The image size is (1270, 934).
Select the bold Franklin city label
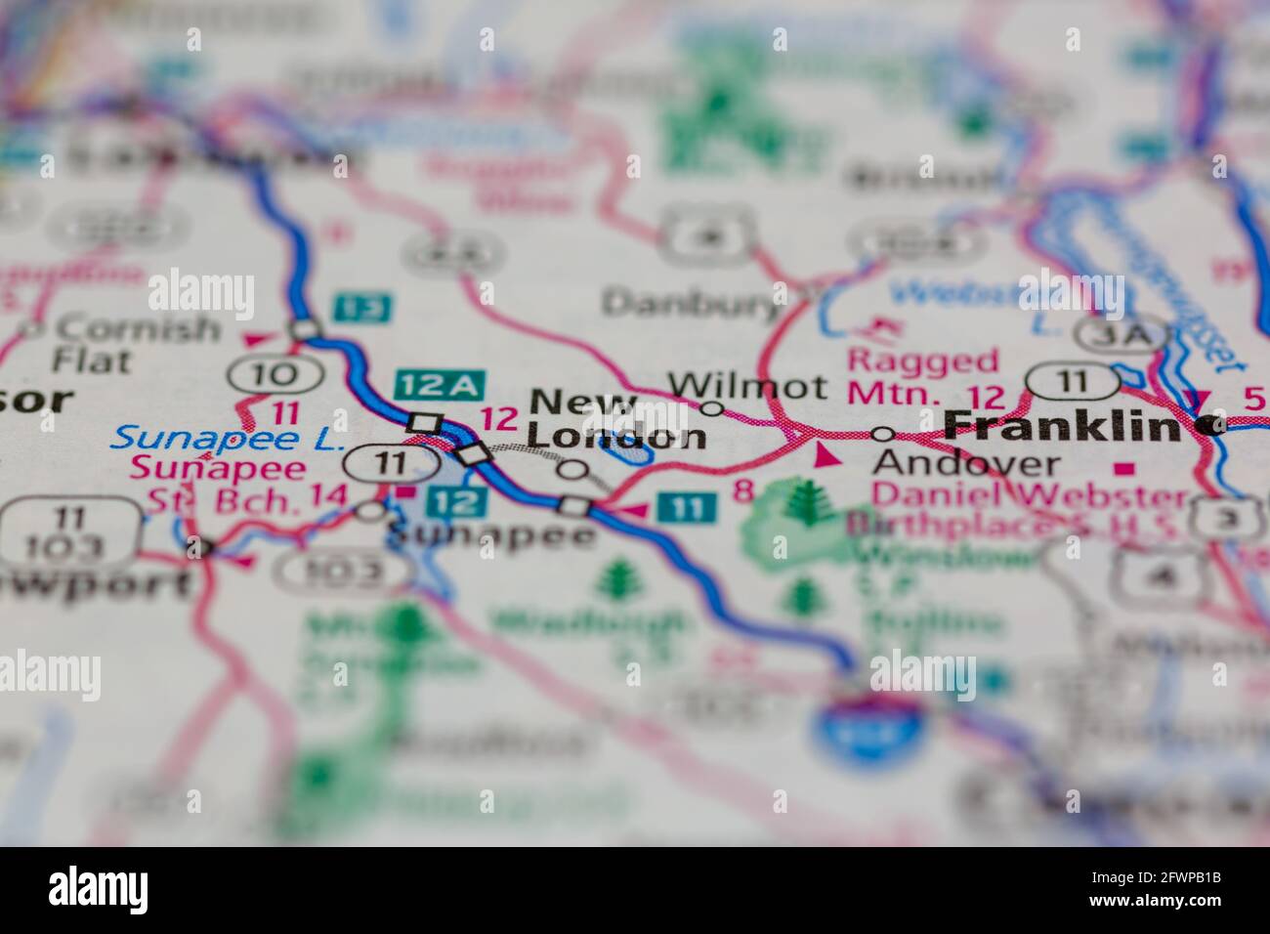[x=1063, y=425]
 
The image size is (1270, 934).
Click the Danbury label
[x=690, y=304]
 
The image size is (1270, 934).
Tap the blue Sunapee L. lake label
[x=227, y=437]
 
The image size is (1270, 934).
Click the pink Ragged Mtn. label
[x=923, y=376]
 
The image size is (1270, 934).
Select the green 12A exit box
[x=434, y=385]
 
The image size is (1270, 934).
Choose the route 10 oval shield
[x=275, y=373]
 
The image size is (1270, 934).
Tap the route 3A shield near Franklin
[x=1120, y=333]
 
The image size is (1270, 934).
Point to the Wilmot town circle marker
[x=712, y=408]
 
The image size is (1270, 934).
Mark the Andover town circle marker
[x=882, y=433]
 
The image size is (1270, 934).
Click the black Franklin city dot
[x=1212, y=425]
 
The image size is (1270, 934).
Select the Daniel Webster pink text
[x=1030, y=495]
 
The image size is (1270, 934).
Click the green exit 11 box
[x=686, y=507]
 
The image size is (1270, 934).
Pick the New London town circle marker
[x=573, y=471]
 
